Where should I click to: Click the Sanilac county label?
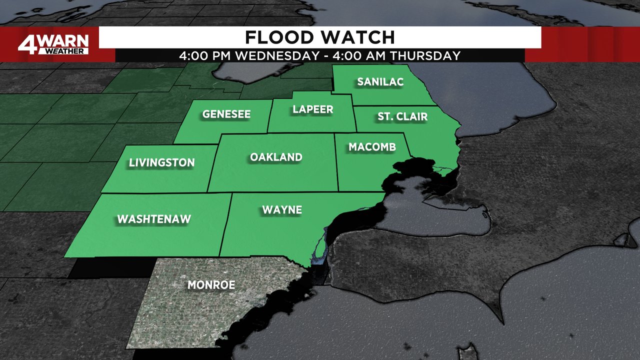coord(380,82)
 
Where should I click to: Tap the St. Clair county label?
coord(402,116)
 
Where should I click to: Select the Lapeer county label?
coord(313,109)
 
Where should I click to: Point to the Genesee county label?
coord(226,114)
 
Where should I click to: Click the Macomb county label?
coord(372,147)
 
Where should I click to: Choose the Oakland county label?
coord(276,157)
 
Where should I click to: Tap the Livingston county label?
coord(161,162)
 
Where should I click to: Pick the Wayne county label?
coord(282,209)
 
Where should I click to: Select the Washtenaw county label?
coord(154,219)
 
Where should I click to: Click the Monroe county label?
coord(211,285)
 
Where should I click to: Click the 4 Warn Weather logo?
coord(53,44)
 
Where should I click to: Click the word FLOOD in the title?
coord(276,37)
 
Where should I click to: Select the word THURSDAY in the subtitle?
coord(425,55)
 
